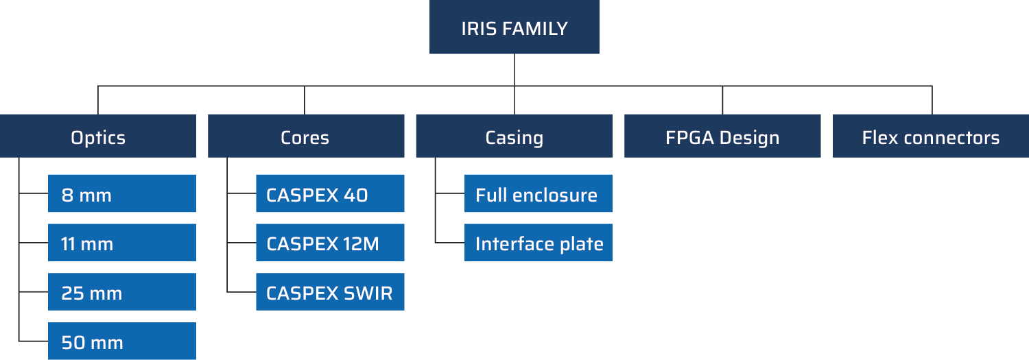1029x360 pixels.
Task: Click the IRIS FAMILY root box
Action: (x=514, y=27)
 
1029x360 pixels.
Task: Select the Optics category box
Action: (x=98, y=136)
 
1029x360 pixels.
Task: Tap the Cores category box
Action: (x=306, y=136)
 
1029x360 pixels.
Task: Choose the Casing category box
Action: (x=514, y=136)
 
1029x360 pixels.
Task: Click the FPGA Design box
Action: (x=722, y=136)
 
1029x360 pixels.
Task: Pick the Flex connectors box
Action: (x=930, y=136)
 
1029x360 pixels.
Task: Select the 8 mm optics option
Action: (x=122, y=194)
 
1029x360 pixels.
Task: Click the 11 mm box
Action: (x=122, y=243)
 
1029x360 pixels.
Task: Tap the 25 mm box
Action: (x=122, y=292)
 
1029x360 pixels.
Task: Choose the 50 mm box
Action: (x=122, y=341)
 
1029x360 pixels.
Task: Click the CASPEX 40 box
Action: (x=330, y=194)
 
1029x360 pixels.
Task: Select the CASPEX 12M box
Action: (x=330, y=243)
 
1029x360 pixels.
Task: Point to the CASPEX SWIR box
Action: (x=330, y=292)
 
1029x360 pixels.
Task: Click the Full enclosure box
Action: (x=538, y=194)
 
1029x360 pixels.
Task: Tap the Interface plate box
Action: (x=538, y=243)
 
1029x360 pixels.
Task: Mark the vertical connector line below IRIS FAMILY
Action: (x=514, y=70)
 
